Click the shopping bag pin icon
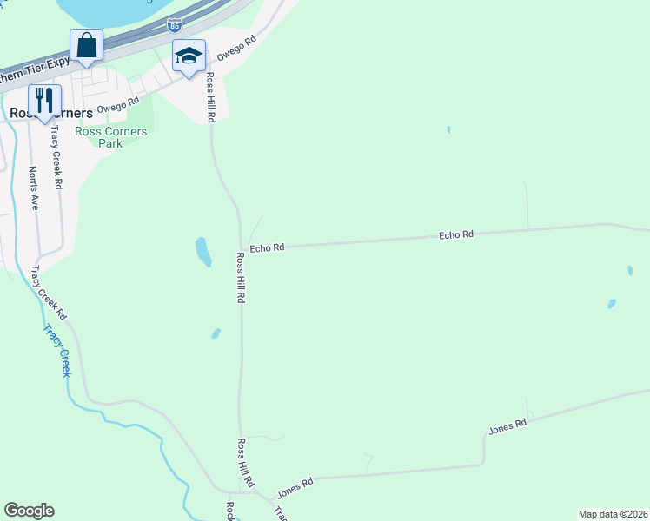coord(87,45)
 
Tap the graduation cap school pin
coord(189,56)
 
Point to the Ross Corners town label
coord(43,114)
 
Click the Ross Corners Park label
coord(110,137)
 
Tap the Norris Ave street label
coord(34,188)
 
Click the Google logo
coord(29,511)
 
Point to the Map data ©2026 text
coord(613,513)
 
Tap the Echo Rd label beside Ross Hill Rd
coord(267,248)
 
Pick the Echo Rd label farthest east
coord(456,234)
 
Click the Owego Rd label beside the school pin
coord(237,47)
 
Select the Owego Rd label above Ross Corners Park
coord(118,106)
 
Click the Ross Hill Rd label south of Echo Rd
coord(242,278)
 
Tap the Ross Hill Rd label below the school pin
coord(209,97)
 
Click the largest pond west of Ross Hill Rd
coord(203,252)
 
